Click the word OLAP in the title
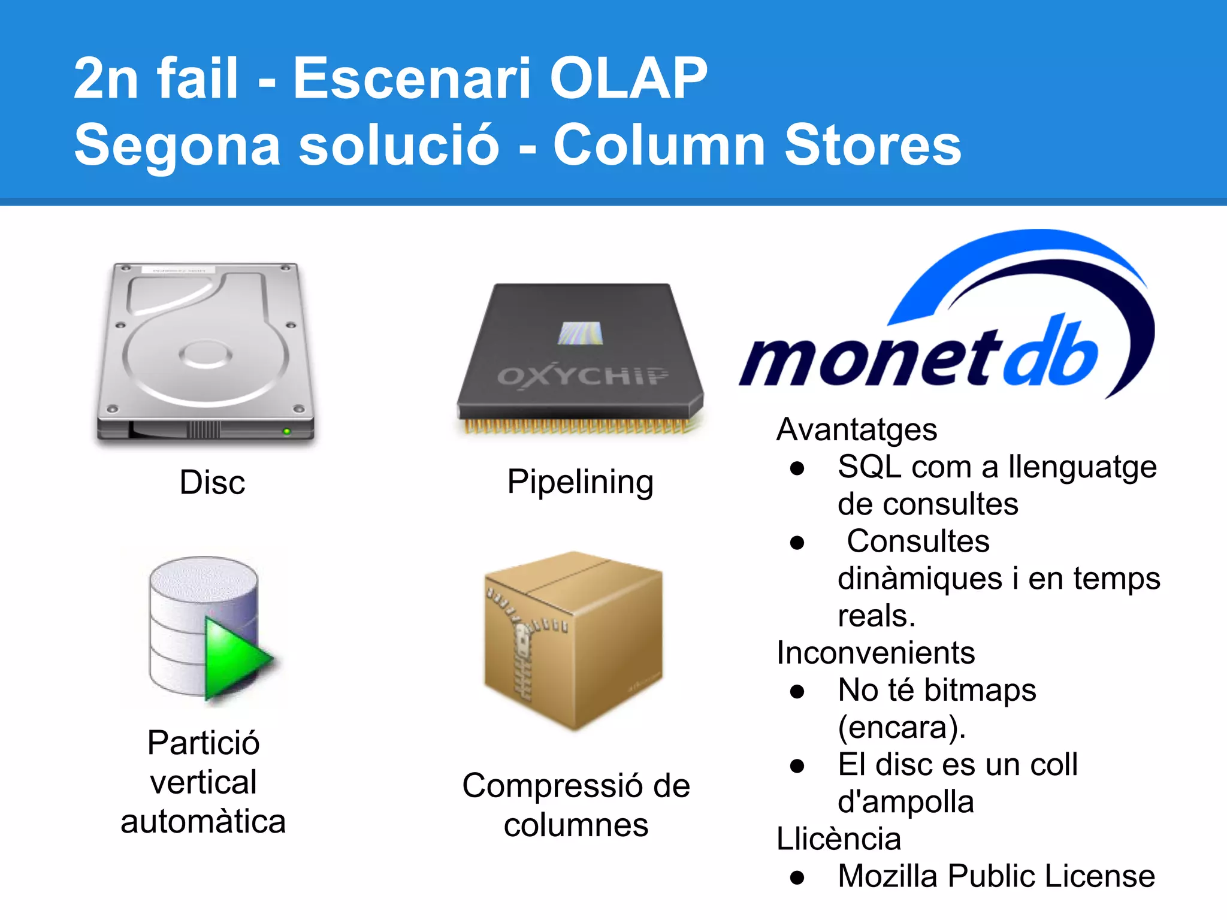pyautogui.click(x=628, y=78)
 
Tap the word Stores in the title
pyautogui.click(x=872, y=145)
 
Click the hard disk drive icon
pyautogui.click(x=205, y=353)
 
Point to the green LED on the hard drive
pyautogui.click(x=286, y=431)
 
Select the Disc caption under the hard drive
pyautogui.click(x=212, y=482)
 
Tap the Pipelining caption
pyautogui.click(x=579, y=482)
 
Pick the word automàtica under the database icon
pyautogui.click(x=203, y=821)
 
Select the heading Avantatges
pyautogui.click(x=857, y=429)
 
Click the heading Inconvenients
pyautogui.click(x=875, y=653)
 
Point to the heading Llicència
pyautogui.click(x=839, y=839)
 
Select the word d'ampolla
pyautogui.click(x=906, y=801)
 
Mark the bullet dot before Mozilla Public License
pyautogui.click(x=797, y=878)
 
